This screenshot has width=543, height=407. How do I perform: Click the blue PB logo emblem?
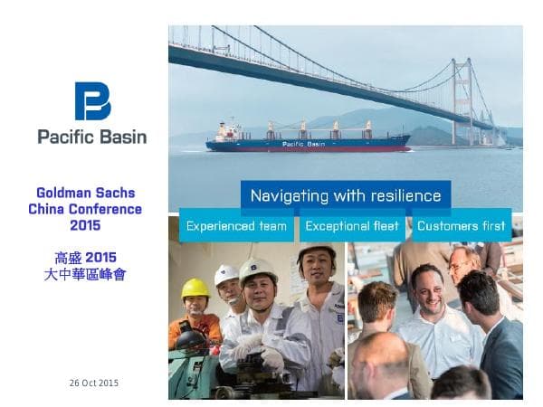pos(92,101)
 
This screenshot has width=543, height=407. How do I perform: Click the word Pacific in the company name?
pos(67,137)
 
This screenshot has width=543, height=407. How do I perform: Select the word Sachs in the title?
pos(122,193)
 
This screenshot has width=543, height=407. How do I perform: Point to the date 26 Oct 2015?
pos(93,383)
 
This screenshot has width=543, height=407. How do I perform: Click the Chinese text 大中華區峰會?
pos(91,273)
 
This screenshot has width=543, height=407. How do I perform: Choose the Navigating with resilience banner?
pos(346,195)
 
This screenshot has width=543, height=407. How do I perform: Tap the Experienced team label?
pos(236,226)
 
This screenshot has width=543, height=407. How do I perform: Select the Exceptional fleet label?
pos(351,226)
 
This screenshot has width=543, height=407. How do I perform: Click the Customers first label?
pos(461,226)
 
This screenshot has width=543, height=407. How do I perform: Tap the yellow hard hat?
pos(195,289)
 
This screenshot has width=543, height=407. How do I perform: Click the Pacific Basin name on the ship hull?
pos(303,144)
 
